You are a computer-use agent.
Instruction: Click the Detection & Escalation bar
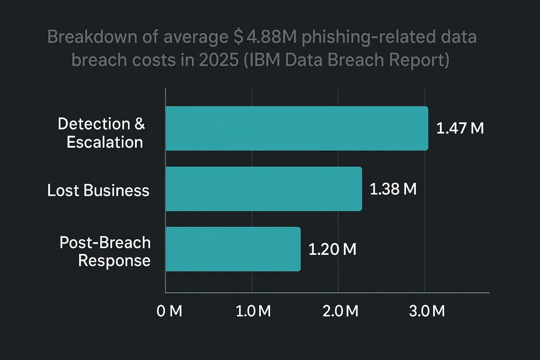(x=297, y=128)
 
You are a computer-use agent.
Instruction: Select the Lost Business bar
(x=264, y=189)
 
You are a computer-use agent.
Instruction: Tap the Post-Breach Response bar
(x=233, y=249)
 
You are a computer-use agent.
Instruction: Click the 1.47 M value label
(x=460, y=128)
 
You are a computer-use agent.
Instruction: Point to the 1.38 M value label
(x=393, y=189)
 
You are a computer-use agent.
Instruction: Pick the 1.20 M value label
(x=332, y=249)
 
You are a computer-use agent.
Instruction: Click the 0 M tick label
(x=169, y=311)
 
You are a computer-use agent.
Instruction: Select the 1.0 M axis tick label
(x=253, y=311)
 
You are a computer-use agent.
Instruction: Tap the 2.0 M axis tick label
(x=340, y=311)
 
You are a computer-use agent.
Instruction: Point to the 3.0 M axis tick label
(x=427, y=311)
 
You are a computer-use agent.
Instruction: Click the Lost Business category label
(x=98, y=191)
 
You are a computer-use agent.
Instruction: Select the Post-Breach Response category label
(x=105, y=251)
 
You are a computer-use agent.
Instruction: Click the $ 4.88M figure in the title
(x=265, y=37)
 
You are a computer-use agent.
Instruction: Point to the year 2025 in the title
(x=219, y=60)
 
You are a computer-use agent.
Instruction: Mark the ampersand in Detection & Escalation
(x=140, y=124)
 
